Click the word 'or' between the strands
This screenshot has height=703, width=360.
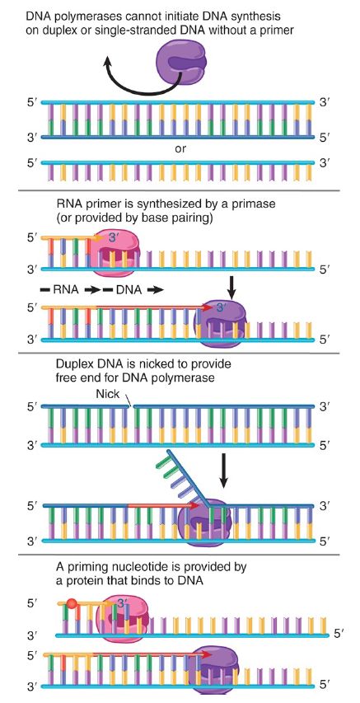[x=180, y=148]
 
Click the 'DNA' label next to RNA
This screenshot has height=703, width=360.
[x=129, y=290]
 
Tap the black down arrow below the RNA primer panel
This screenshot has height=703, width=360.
[x=231, y=288]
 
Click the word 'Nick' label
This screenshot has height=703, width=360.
[x=108, y=394]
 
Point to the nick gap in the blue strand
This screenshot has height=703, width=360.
[x=130, y=406]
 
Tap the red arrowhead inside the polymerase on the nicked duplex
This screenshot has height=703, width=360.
[x=194, y=506]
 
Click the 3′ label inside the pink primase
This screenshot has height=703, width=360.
[x=114, y=238]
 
